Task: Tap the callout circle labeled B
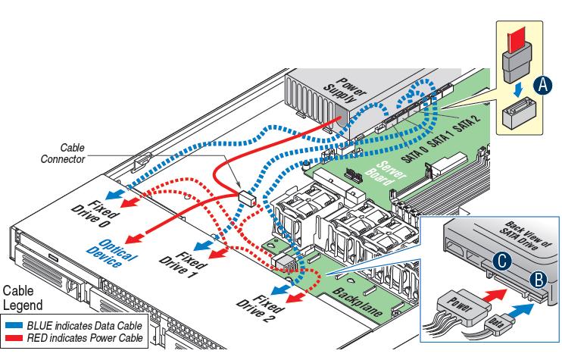535,278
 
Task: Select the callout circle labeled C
500,262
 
